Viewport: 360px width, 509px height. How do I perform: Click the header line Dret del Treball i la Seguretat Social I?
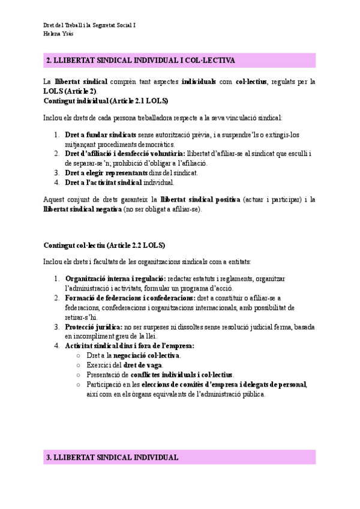[89, 26]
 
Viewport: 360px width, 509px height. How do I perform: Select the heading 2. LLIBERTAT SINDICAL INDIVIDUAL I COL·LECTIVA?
[140, 61]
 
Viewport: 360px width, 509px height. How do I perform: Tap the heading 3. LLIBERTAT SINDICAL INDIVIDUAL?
[112, 457]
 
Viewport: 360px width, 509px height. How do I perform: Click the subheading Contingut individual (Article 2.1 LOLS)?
[106, 100]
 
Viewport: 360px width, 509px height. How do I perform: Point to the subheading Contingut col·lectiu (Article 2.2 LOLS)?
[104, 245]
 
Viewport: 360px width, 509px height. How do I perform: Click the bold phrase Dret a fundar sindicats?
[101, 135]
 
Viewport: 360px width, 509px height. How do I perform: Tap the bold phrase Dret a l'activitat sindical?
[103, 182]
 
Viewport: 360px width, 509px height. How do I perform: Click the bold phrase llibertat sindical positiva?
[200, 199]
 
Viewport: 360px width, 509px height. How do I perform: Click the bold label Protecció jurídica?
[92, 327]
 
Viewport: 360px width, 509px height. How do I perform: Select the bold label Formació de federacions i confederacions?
[130, 298]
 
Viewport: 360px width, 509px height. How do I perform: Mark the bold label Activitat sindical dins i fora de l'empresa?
[130, 346]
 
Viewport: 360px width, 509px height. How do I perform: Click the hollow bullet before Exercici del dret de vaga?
[79, 365]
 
